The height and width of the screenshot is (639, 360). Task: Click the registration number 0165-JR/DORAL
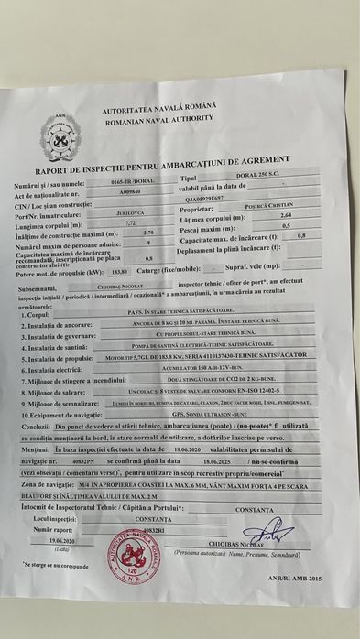pos(130,184)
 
